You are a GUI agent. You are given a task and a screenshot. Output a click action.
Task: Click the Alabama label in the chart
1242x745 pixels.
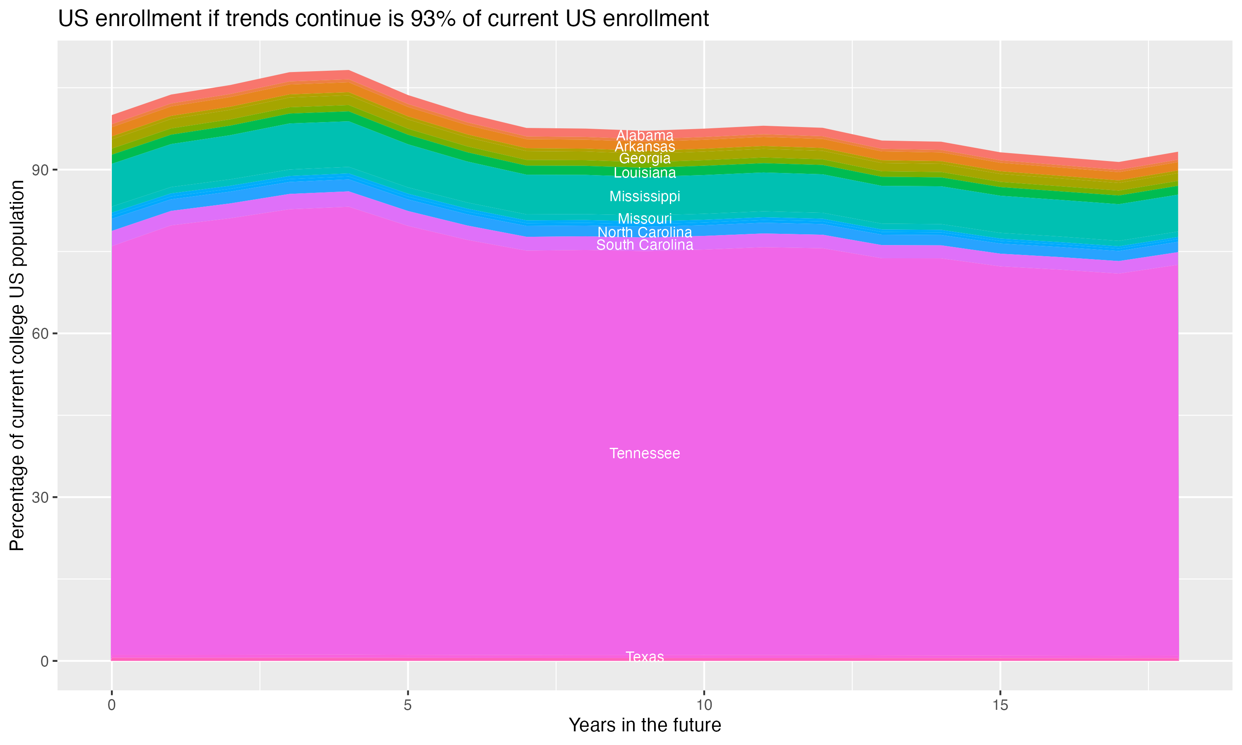(645, 135)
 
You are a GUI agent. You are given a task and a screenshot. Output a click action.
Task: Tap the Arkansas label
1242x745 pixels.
(645, 147)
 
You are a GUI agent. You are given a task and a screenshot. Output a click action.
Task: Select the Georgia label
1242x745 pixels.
(645, 159)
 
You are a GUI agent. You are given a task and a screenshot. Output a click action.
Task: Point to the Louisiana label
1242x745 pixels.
(645, 173)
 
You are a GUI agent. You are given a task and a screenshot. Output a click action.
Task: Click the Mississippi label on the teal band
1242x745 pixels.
(645, 196)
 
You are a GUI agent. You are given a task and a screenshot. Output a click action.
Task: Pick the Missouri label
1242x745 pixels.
(645, 219)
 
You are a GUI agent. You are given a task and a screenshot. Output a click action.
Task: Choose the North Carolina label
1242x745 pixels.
(645, 233)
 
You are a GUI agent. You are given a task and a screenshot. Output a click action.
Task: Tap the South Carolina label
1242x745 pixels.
(645, 245)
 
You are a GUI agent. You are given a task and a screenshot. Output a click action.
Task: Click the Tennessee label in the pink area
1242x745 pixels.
(645, 453)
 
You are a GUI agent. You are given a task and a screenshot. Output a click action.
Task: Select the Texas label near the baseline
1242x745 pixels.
(645, 657)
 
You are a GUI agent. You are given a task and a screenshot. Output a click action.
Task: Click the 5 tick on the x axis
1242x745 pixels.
(408, 705)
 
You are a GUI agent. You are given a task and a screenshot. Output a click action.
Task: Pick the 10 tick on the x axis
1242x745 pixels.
(704, 705)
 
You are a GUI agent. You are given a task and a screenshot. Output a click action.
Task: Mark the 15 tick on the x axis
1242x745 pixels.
(1000, 705)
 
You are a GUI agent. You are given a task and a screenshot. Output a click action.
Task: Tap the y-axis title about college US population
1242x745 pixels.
(17, 365)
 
